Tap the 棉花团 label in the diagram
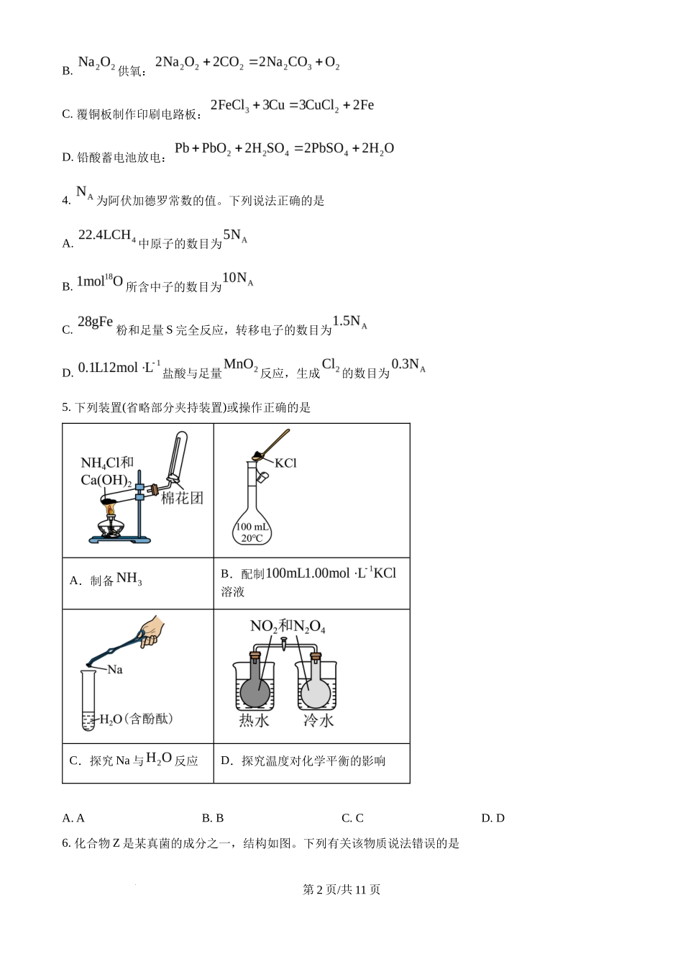coord(182,498)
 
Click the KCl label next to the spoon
coord(285,463)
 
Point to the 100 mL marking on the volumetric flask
coord(252,527)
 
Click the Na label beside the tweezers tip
coord(115,670)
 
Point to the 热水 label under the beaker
coord(254,720)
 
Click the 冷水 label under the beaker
coord(318,720)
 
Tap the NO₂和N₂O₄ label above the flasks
coord(288,627)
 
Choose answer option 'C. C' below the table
coord(352,818)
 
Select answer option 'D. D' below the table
coord(492,818)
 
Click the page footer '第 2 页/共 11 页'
coord(341,890)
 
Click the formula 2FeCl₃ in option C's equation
coord(229,106)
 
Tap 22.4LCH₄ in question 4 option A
coord(106,236)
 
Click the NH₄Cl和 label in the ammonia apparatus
coord(107,463)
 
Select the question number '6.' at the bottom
coord(66,843)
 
